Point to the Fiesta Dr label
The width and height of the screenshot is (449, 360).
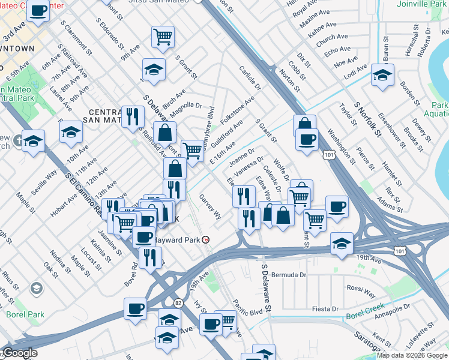coord(325,309)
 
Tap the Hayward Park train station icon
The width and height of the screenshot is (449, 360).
coord(206,239)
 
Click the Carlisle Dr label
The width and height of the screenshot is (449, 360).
coord(250,78)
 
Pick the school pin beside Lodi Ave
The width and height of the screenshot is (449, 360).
coord(382,76)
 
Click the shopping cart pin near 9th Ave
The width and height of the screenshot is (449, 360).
coord(163,37)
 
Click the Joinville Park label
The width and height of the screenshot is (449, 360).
coord(421,4)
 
